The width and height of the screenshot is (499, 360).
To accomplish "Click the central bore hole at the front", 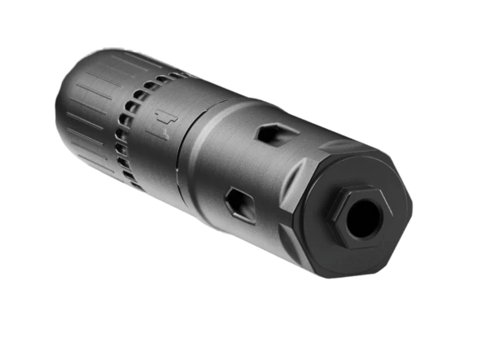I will pyautogui.click(x=363, y=217).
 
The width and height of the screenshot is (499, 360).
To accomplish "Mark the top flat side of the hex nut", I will pyautogui.click(x=358, y=192).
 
